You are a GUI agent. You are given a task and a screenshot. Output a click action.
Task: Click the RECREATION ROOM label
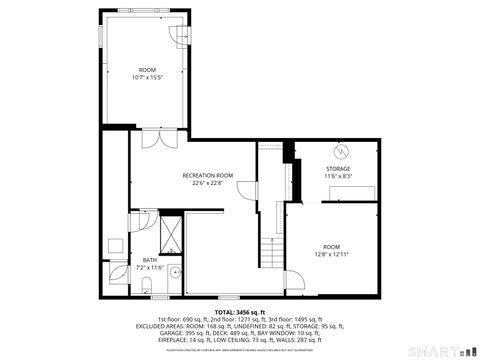pos(207,175)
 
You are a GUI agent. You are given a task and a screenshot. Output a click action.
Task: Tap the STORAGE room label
pos(338,169)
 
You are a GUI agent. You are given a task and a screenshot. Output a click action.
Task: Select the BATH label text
pos(149,260)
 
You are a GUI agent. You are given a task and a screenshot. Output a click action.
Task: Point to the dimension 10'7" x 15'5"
pos(147,77)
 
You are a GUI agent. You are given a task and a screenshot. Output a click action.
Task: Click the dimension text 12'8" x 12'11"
pos(331,254)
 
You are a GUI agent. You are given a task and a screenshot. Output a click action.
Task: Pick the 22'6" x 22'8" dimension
pos(207,183)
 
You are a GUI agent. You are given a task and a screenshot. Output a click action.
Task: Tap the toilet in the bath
pos(147,287)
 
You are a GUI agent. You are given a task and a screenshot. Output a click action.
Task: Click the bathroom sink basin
pos(174,272)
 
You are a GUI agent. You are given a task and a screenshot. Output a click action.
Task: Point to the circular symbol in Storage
pos(341,151)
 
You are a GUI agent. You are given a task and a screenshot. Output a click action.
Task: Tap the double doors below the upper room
pos(151,139)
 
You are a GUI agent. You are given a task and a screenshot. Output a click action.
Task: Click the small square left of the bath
pos(115,245)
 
